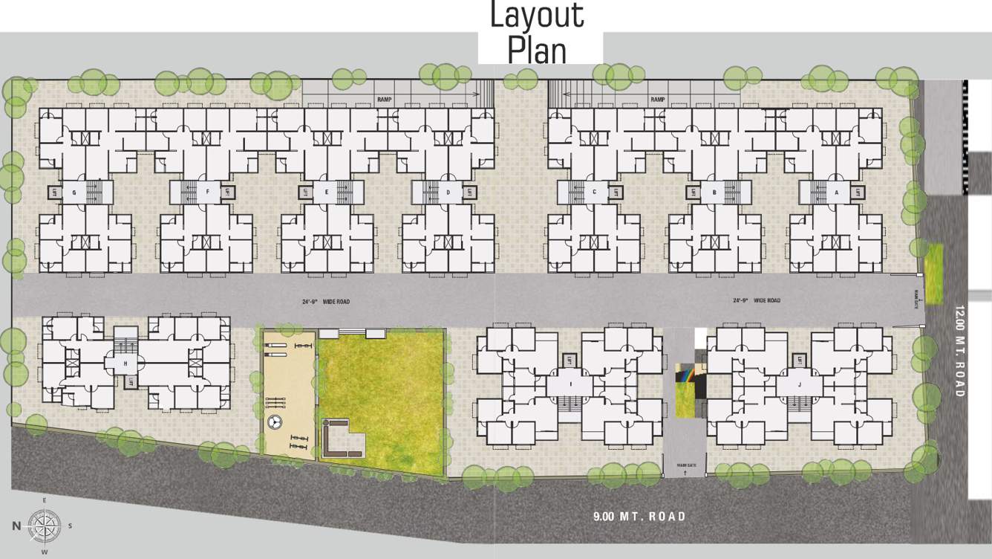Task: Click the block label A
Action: point(836,192)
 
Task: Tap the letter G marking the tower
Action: point(74,192)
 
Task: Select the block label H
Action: point(125,363)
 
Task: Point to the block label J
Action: point(799,384)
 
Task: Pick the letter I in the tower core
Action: point(570,384)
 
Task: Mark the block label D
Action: point(448,192)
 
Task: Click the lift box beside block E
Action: point(304,192)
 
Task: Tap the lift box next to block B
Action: point(691,192)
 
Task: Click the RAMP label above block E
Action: point(384,99)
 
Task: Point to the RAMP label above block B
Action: point(657,99)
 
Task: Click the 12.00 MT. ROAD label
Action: point(959,350)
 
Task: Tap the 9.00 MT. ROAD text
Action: point(639,516)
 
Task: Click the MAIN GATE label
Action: point(685,465)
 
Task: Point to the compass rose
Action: point(44,526)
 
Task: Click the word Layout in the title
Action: point(537,16)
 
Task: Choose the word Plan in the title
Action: point(537,50)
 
